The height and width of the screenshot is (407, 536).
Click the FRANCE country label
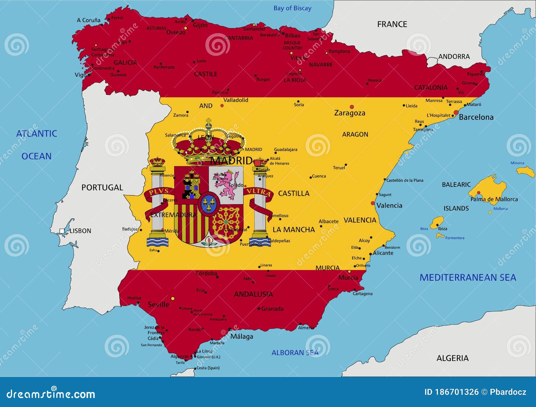[392, 24]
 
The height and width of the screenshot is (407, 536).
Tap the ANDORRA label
[454, 57]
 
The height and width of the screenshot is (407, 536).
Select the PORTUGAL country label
[102, 188]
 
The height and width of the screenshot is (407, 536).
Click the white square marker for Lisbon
[62, 231]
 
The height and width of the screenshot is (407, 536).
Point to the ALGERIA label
[452, 358]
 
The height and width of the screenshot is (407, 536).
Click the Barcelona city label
[476, 117]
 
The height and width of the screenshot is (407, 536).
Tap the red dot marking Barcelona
[456, 112]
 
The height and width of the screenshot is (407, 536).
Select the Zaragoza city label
[349, 113]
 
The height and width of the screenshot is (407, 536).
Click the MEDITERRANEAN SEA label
[468, 277]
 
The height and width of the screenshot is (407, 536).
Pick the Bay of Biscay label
[292, 8]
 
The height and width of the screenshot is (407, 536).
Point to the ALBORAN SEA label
[295, 353]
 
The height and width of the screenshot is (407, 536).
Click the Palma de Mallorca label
[494, 199]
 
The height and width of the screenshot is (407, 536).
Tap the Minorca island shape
[526, 172]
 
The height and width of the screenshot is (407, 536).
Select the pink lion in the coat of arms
[228, 184]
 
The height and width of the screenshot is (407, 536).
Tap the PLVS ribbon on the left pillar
[159, 192]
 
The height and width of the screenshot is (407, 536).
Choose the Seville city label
[158, 305]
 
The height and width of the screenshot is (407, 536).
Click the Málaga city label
[242, 337]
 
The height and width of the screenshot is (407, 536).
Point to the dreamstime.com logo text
[51, 394]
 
